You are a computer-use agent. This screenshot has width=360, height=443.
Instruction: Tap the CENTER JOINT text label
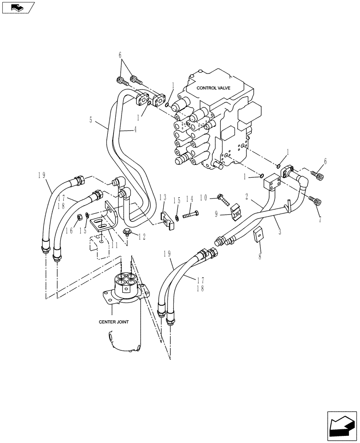click(x=113, y=322)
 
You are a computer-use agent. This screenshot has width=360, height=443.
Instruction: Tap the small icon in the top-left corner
click(x=17, y=7)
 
